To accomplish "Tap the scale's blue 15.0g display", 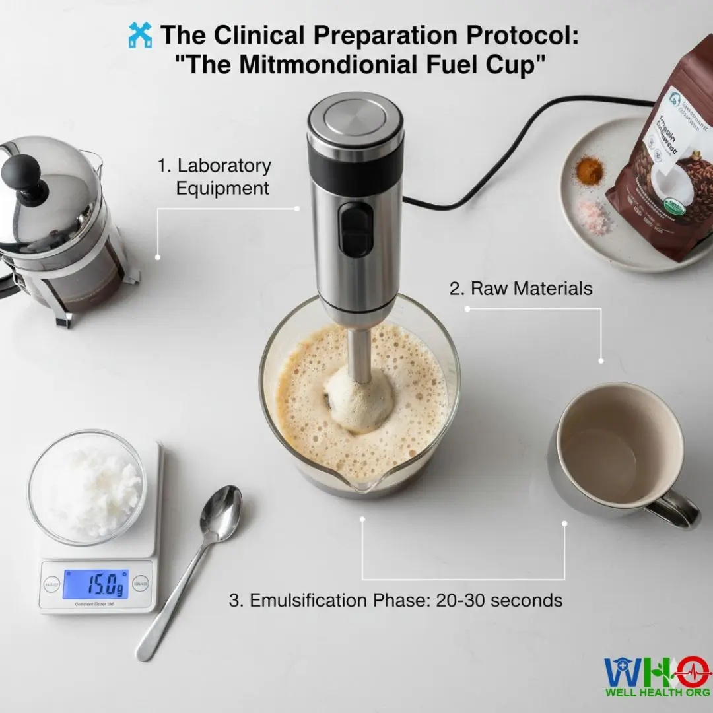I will (96, 584).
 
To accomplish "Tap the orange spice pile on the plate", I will (589, 170).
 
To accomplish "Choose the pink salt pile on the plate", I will (592, 216).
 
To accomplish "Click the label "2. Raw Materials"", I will (521, 289).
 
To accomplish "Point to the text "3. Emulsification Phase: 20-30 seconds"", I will (395, 600).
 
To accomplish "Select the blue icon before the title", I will (140, 34).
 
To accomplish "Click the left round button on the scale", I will (51, 584).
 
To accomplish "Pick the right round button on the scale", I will (141, 584).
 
